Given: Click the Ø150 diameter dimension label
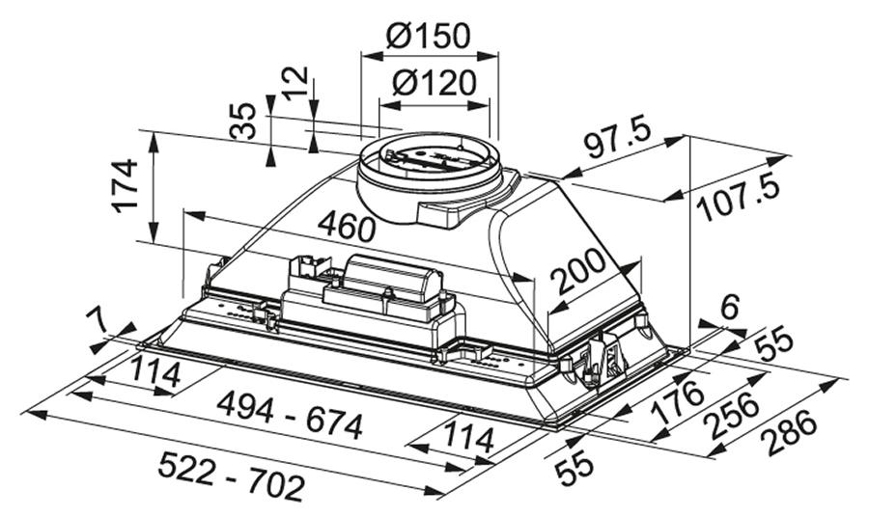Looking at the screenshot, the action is (428, 37).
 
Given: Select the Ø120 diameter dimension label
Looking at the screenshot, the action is (434, 83).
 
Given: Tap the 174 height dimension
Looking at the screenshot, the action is (126, 185).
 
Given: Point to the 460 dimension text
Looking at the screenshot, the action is (347, 228).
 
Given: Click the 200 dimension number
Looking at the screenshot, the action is (580, 271).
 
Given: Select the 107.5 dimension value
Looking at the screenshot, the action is (737, 198).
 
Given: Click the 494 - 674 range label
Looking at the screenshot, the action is (290, 414).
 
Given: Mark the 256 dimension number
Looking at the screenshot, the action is (731, 415).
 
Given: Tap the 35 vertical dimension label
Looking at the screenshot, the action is (242, 121).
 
